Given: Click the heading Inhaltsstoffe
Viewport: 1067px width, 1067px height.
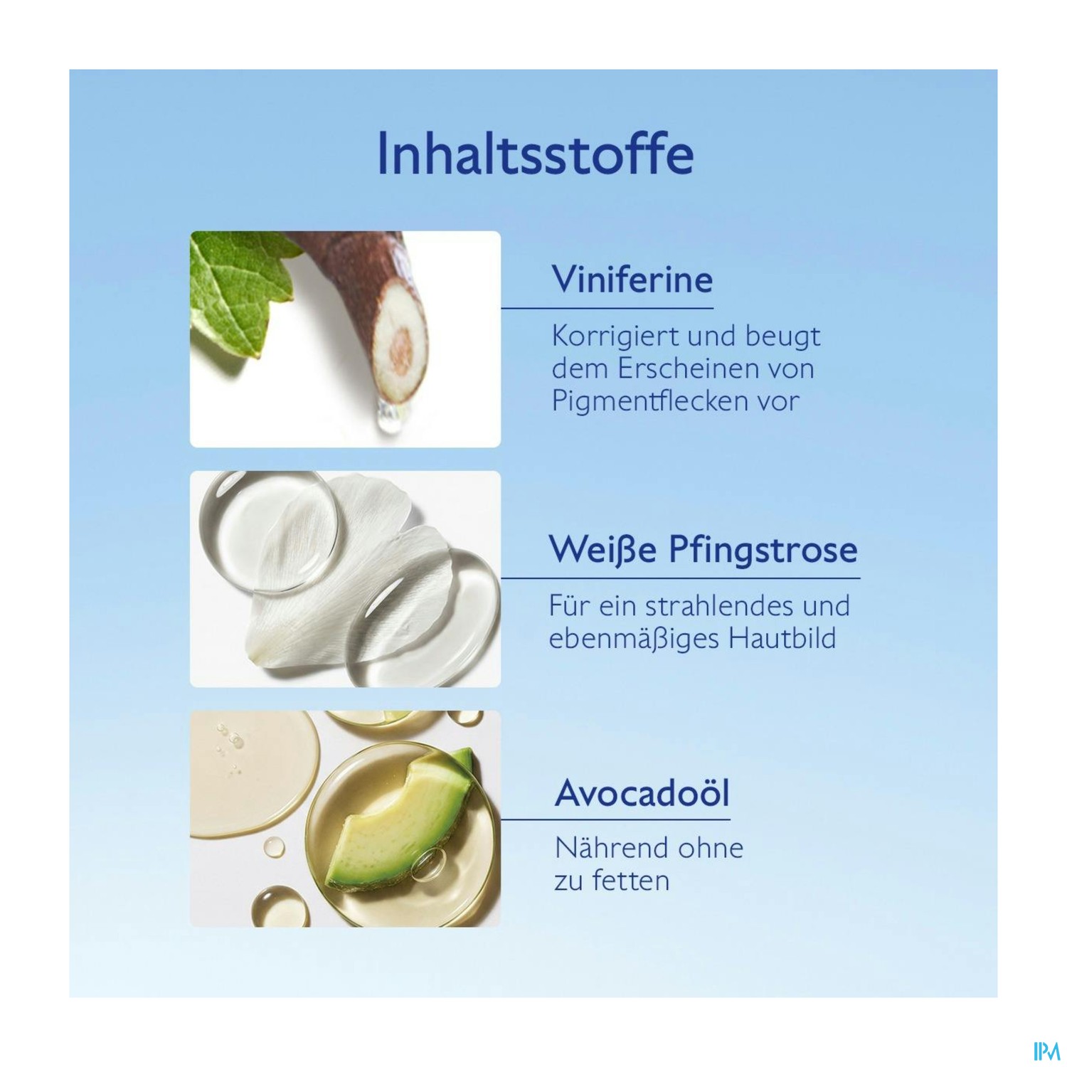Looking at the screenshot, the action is (x=535, y=153).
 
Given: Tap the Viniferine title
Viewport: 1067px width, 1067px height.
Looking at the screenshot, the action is (x=632, y=279).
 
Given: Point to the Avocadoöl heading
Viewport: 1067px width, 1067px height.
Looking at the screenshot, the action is (x=642, y=792).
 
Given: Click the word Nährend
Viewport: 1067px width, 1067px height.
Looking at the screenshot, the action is (x=611, y=847).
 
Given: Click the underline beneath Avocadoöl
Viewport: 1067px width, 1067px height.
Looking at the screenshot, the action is (x=616, y=819).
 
